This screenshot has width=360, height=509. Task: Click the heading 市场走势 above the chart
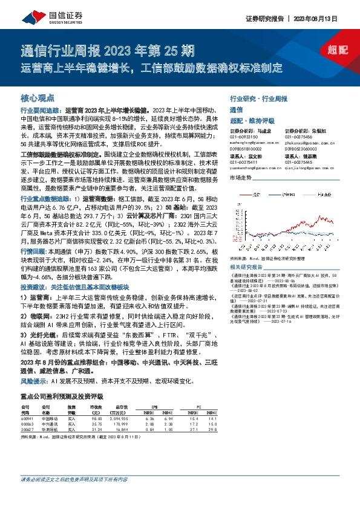(x=241, y=178)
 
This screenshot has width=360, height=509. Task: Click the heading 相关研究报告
(x=246, y=266)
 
